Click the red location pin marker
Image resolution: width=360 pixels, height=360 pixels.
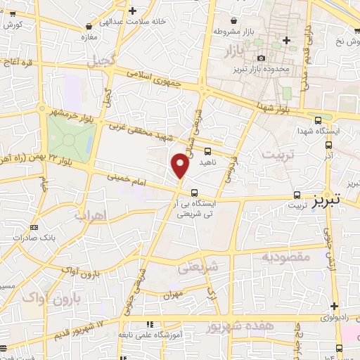(180, 166)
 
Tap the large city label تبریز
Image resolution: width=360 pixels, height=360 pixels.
(326, 199)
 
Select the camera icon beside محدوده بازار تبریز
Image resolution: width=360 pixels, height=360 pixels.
(262, 58)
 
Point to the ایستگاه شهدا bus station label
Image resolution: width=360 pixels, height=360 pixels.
(319, 131)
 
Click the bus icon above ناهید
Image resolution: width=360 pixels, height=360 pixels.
(207, 150)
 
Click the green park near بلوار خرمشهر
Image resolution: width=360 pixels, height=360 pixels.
(70, 137)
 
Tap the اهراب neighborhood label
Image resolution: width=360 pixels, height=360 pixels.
(108, 217)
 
